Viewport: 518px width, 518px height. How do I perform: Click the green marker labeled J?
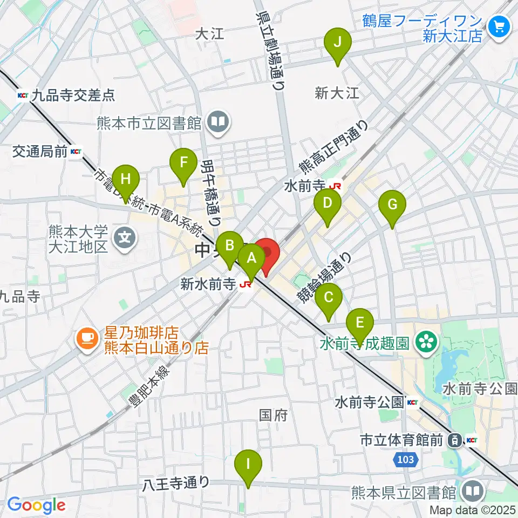pyautogui.click(x=337, y=43)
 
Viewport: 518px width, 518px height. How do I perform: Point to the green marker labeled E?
pyautogui.click(x=361, y=324)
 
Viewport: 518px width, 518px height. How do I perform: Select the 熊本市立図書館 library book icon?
pyautogui.click(x=219, y=122)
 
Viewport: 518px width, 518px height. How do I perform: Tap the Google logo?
pyautogui.click(x=36, y=505)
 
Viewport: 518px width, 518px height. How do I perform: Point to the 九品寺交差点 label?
pyautogui.click(x=73, y=96)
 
